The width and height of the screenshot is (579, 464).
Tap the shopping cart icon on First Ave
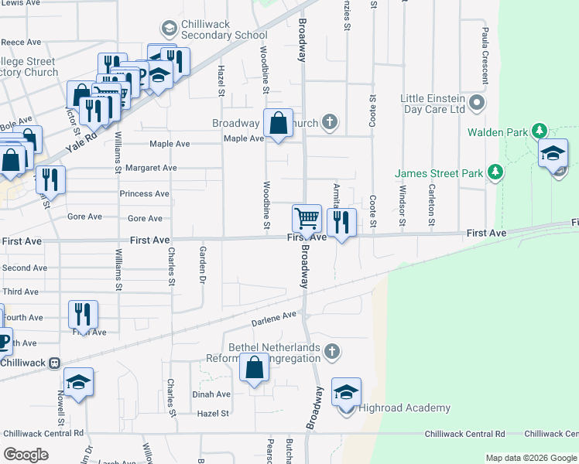click(307, 218)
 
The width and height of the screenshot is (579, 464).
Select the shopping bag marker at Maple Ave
click(278, 123)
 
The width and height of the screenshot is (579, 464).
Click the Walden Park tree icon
click(540, 131)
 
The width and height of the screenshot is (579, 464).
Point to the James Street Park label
click(438, 172)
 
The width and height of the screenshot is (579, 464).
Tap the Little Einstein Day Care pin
click(477, 103)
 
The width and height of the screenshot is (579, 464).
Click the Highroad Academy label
click(405, 408)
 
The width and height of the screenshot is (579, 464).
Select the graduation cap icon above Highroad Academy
click(346, 391)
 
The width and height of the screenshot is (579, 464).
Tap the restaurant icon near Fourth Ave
click(83, 314)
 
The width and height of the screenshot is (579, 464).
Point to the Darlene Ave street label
click(274, 317)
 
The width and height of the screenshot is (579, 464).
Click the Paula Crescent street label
click(485, 55)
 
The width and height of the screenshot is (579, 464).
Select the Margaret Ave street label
click(151, 168)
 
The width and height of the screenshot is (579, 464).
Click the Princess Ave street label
click(144, 193)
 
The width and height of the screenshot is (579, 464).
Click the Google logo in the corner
click(26, 455)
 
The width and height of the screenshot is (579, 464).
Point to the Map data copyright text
click(530, 458)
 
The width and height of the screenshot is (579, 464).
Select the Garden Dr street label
click(203, 264)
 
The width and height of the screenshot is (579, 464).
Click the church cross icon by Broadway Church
click(330, 121)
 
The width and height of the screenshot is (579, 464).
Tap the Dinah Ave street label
click(211, 394)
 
